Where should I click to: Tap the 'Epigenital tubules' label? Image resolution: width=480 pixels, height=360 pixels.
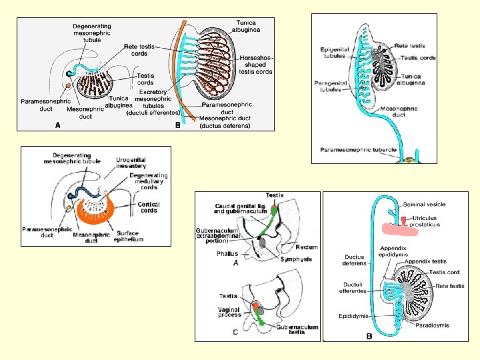click(333, 53)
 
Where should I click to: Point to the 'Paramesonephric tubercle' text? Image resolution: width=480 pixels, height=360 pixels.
click(359, 149)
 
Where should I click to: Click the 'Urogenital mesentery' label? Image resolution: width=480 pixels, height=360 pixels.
click(131, 163)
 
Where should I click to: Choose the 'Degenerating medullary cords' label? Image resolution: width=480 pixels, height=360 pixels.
click(148, 181)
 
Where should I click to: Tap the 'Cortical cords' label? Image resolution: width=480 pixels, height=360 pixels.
click(149, 207)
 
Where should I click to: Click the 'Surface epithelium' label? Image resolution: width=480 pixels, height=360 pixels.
click(129, 236)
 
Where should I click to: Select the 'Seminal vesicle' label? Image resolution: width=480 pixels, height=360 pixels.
click(424, 204)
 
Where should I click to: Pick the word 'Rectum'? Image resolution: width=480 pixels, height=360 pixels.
click(307, 247)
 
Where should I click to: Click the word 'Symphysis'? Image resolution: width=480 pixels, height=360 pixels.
click(296, 259)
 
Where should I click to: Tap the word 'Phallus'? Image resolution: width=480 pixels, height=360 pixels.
click(227, 254)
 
